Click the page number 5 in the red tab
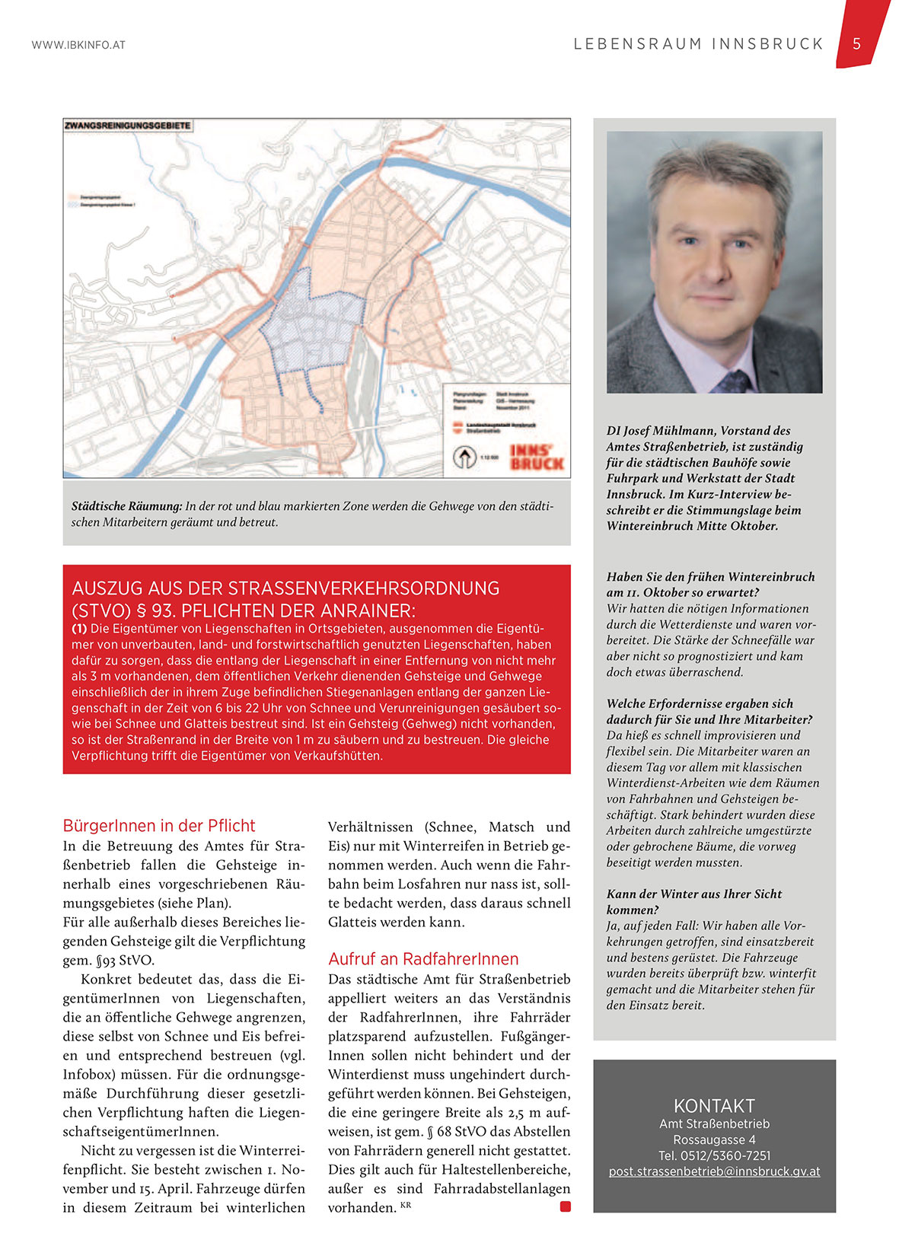(856, 43)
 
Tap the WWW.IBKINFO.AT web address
(78, 45)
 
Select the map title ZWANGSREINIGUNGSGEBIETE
(128, 126)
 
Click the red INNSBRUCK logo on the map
(537, 457)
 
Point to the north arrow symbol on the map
(462, 457)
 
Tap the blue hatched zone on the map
(312, 327)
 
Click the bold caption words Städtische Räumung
(126, 506)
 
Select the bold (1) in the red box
(79, 629)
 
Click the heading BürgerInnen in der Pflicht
(159, 826)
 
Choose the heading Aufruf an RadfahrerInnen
(423, 959)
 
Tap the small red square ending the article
(565, 1206)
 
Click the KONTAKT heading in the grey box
(714, 1106)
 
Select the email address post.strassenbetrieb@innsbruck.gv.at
(714, 1171)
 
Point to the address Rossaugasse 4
(714, 1139)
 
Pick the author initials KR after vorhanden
(405, 1204)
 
